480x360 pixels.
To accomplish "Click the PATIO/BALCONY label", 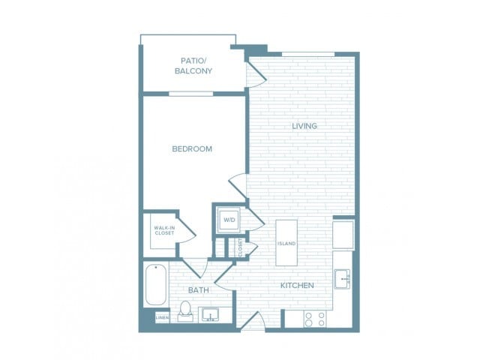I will click(x=193, y=66).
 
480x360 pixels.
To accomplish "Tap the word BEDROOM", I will click(x=192, y=148).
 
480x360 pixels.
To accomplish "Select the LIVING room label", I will click(x=304, y=126).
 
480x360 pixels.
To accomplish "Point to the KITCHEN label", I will click(x=297, y=286).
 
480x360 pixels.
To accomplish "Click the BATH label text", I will click(x=198, y=289).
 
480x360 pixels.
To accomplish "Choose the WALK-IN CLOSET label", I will click(x=164, y=230).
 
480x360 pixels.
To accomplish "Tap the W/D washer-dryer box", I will click(x=228, y=219).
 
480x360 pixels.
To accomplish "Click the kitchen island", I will click(x=286, y=242).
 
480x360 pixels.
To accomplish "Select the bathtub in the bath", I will click(x=155, y=285).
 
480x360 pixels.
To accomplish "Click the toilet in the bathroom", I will click(x=184, y=310).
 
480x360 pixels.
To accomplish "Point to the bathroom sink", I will click(x=211, y=313).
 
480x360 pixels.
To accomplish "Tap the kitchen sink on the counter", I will click(x=343, y=279).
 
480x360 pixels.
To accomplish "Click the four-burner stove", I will click(x=314, y=318).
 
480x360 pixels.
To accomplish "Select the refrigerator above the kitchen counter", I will click(x=343, y=234).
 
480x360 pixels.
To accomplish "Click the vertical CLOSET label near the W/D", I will click(x=241, y=248).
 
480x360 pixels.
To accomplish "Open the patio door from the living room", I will click(x=256, y=72).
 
